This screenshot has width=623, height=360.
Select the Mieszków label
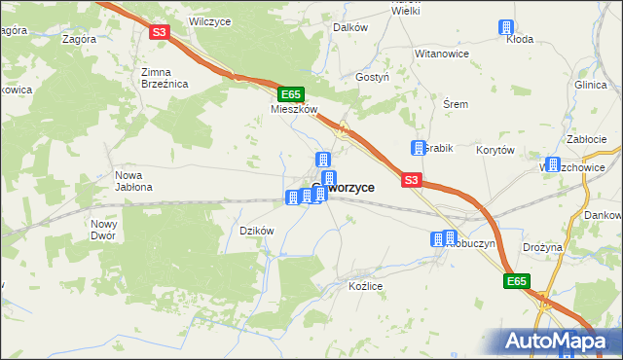294,110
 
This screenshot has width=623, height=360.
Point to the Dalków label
350,28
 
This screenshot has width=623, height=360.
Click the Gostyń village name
373,76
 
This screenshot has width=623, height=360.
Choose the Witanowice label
442,54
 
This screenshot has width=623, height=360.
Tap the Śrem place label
456,104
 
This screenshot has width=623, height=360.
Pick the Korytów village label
495,150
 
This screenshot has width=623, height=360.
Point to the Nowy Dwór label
103,229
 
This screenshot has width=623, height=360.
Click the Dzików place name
257,231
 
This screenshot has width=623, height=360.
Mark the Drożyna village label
542,247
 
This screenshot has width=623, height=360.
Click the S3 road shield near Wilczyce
161,32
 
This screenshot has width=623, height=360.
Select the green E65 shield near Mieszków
289,94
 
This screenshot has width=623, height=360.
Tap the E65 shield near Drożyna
516,281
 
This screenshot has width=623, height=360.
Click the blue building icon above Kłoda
506,28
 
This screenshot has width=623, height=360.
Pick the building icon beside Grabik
418,148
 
